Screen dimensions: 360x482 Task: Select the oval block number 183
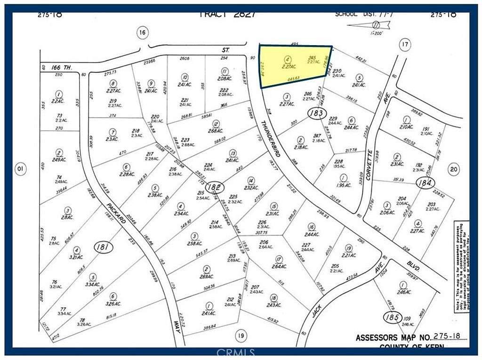point(316,113)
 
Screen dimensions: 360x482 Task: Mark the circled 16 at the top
point(143,32)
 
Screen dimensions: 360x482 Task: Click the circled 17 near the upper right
point(404,45)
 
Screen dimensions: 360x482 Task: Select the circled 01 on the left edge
point(20,168)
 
